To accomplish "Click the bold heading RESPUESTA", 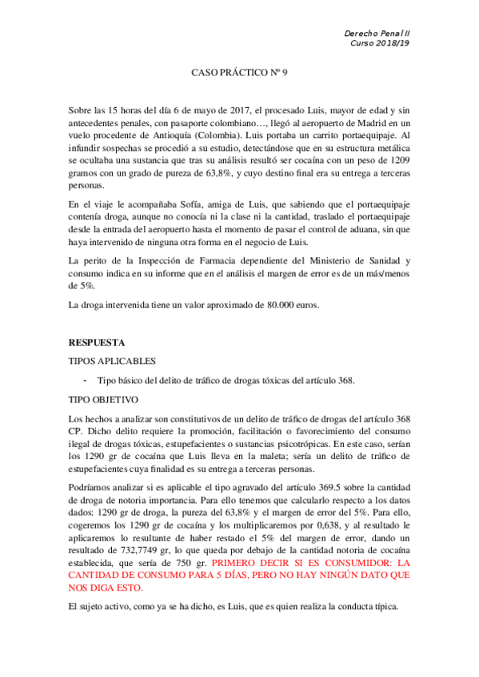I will pos(97,342).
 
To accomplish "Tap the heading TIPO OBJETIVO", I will pos(105,398).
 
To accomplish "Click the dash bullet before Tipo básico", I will pos(86,380).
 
